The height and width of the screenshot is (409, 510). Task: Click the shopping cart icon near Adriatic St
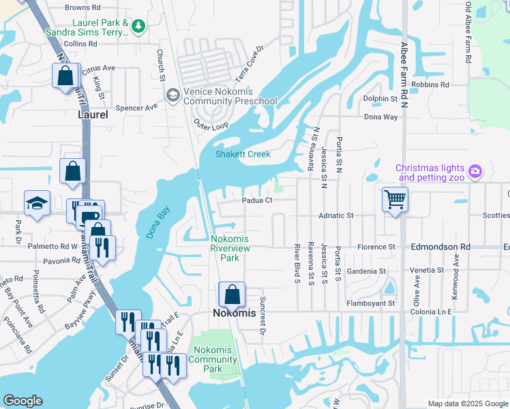[x=395, y=200]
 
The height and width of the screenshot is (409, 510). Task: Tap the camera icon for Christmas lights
[x=475, y=171]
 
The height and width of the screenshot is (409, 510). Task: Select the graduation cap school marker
[x=37, y=203]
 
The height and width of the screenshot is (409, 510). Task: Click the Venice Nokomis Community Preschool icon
[x=173, y=95]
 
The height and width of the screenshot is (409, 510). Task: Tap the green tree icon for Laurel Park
[x=138, y=26]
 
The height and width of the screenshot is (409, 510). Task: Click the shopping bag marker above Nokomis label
[x=232, y=294]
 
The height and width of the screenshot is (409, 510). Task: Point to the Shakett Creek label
[x=243, y=154]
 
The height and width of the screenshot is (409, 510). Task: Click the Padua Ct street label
[x=257, y=200]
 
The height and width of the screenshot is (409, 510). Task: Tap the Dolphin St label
[x=380, y=99]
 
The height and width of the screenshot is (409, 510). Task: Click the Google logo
[x=22, y=401]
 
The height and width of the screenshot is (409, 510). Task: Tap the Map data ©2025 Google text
[x=467, y=404]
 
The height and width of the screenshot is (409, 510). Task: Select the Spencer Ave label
[x=136, y=107]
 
